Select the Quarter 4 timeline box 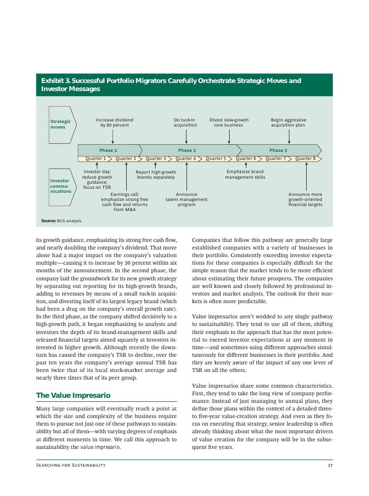186,158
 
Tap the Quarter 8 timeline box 305,158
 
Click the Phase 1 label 108,150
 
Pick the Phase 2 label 187,150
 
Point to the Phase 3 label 278,150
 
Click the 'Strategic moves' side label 60,125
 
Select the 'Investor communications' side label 60,186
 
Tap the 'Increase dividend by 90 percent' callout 115,122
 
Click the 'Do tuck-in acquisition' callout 184,122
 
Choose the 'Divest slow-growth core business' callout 229,122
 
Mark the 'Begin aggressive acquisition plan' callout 288,122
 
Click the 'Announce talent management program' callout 187,199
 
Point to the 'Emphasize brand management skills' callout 245,174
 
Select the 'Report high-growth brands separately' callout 156,175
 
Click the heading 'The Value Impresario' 73,395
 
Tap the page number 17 329,465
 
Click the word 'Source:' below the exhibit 49,221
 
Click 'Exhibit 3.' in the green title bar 56,81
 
